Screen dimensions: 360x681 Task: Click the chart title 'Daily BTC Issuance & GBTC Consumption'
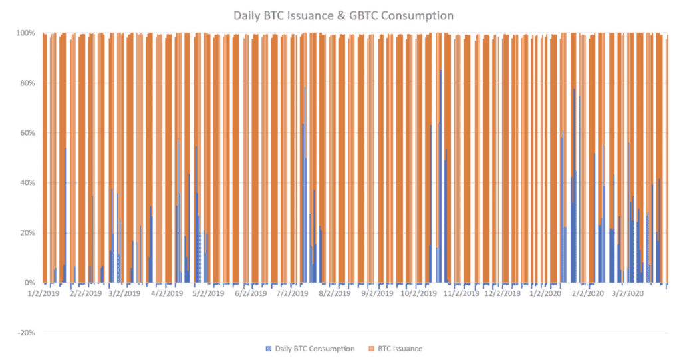pos(343,15)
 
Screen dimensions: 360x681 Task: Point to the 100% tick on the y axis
pos(27,33)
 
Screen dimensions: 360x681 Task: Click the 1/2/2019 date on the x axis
pos(44,293)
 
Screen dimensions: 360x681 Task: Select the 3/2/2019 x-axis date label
pos(124,293)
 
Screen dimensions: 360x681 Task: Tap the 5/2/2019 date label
pos(207,293)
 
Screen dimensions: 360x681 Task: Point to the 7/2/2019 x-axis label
pos(291,293)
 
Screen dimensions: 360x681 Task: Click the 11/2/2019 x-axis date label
pos(458,293)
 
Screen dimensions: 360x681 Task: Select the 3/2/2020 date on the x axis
pos(627,293)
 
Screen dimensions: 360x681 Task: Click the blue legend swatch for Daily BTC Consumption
pos(269,349)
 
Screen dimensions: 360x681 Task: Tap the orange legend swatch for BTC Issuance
pos(371,349)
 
